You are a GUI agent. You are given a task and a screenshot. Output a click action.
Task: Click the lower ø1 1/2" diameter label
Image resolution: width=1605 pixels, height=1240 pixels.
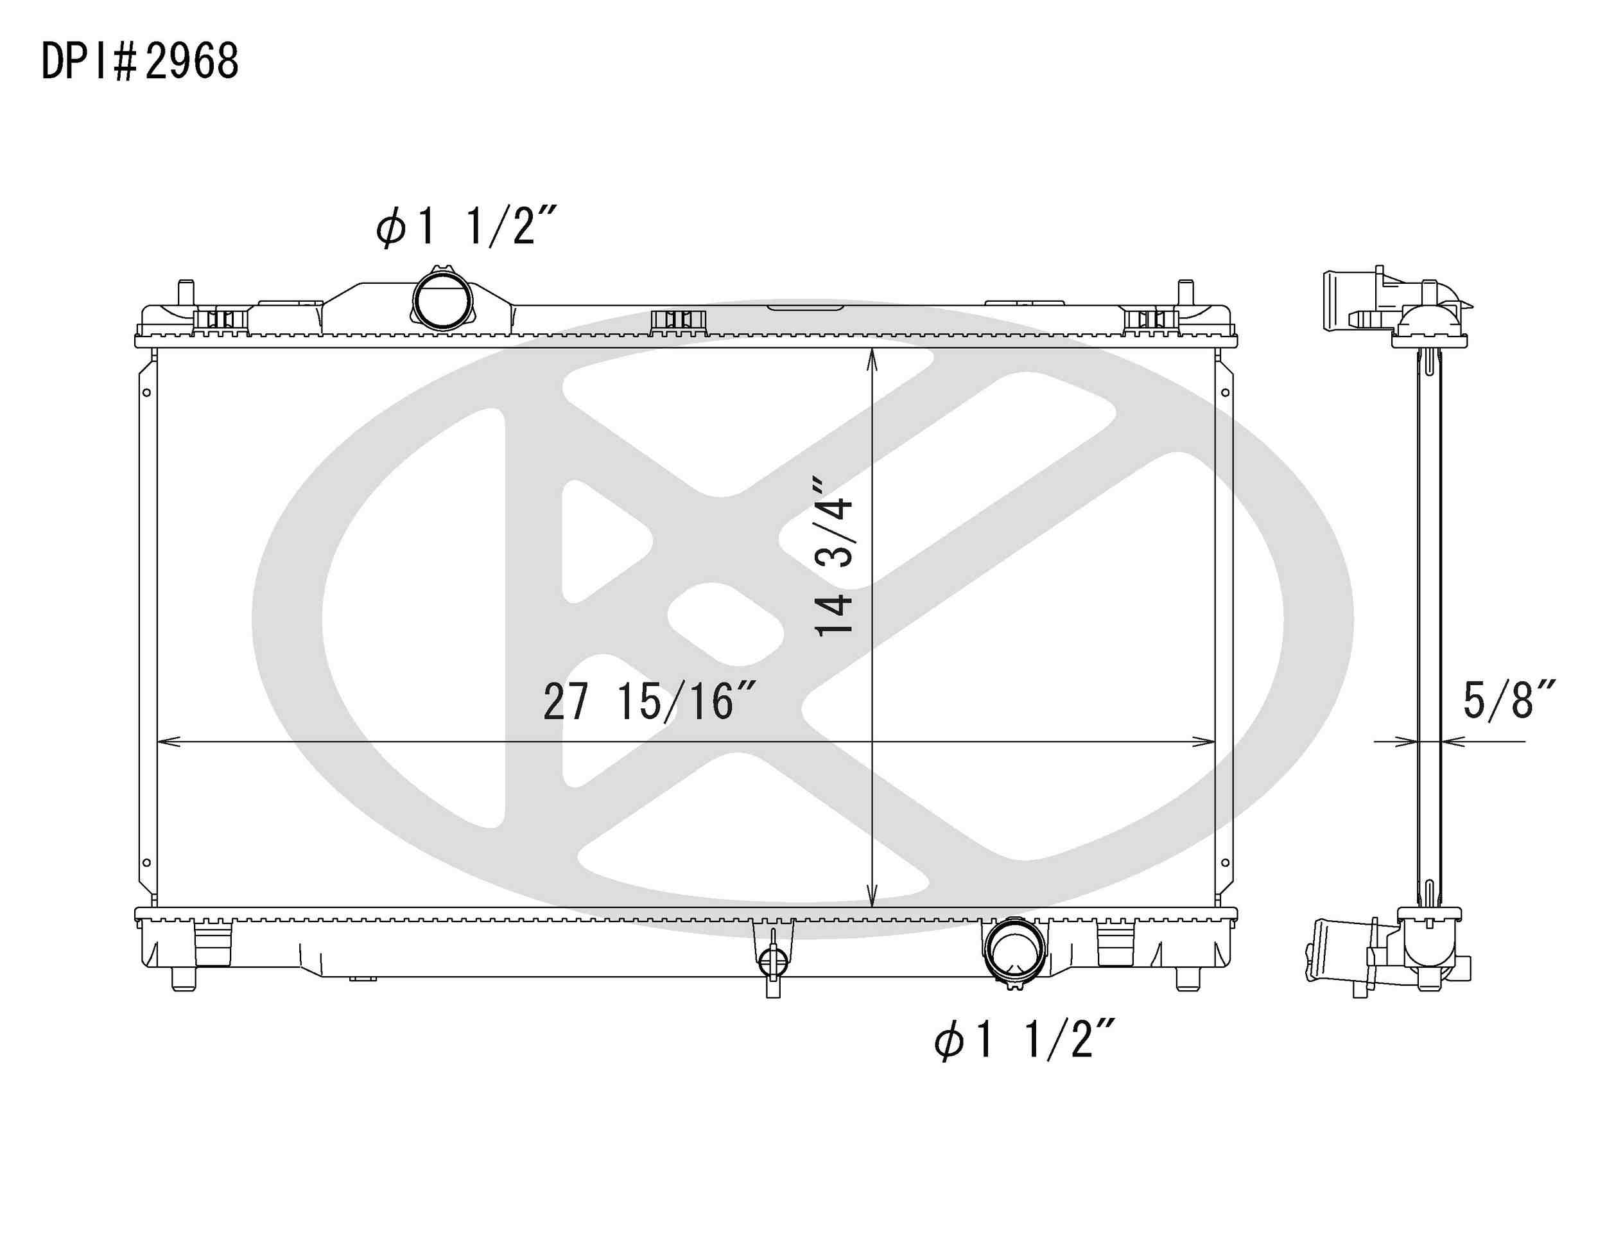[x=1025, y=1040]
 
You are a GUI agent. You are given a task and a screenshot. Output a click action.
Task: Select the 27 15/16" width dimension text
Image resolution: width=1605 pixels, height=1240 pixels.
[x=649, y=702]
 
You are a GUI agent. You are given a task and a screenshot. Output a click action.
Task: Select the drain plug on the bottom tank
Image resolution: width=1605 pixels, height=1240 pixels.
[x=772, y=959]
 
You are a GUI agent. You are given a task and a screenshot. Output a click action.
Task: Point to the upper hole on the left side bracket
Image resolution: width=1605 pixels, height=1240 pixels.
[x=147, y=392]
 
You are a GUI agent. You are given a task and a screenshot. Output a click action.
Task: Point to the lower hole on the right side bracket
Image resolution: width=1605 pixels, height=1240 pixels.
[x=1225, y=862]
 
